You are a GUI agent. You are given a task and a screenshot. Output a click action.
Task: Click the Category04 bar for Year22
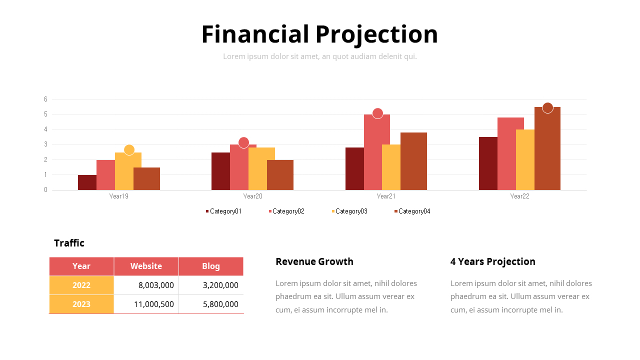(547, 150)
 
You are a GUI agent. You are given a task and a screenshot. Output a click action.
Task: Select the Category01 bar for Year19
(87, 182)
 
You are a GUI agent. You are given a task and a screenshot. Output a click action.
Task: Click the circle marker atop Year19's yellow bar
(129, 150)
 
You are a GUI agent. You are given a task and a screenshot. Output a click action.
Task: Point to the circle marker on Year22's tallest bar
(547, 108)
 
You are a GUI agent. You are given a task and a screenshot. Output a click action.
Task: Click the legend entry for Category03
(349, 211)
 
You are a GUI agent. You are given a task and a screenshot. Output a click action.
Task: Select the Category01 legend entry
(224, 211)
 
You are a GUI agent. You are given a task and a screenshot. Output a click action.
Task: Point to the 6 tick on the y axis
(45, 99)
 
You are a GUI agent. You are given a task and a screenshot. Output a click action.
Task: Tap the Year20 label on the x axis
(252, 196)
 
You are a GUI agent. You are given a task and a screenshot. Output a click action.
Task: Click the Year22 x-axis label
(519, 196)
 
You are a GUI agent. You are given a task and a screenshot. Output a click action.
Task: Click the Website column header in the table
(146, 266)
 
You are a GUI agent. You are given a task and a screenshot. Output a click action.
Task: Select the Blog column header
(210, 266)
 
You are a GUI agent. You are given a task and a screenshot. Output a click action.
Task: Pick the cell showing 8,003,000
(156, 285)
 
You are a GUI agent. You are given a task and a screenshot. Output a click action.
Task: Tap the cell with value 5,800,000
(220, 304)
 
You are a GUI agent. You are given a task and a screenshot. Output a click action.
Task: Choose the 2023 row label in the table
(81, 304)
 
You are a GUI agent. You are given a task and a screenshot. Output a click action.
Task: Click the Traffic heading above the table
(69, 243)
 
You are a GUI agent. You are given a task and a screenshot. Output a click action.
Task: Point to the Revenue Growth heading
(314, 261)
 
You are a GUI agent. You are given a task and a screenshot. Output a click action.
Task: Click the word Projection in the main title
(376, 34)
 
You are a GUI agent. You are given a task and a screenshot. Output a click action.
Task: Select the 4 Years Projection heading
(492, 261)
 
